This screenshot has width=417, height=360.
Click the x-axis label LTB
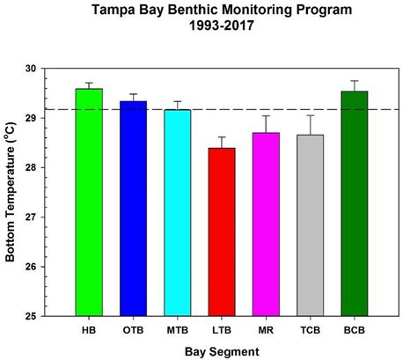[x=222, y=330]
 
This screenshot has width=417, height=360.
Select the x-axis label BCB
[x=354, y=330]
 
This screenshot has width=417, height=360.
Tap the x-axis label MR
[x=266, y=330]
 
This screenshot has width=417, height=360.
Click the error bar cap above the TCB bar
[x=310, y=115]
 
